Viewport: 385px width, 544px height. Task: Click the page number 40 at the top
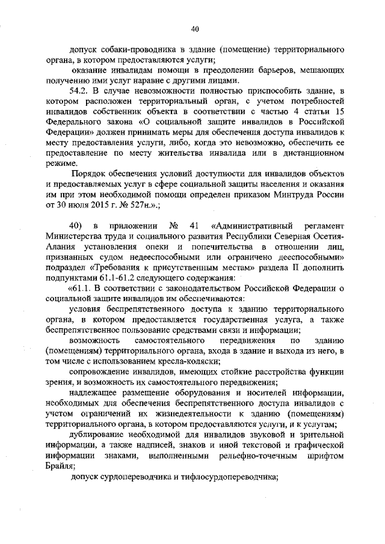(194, 28)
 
